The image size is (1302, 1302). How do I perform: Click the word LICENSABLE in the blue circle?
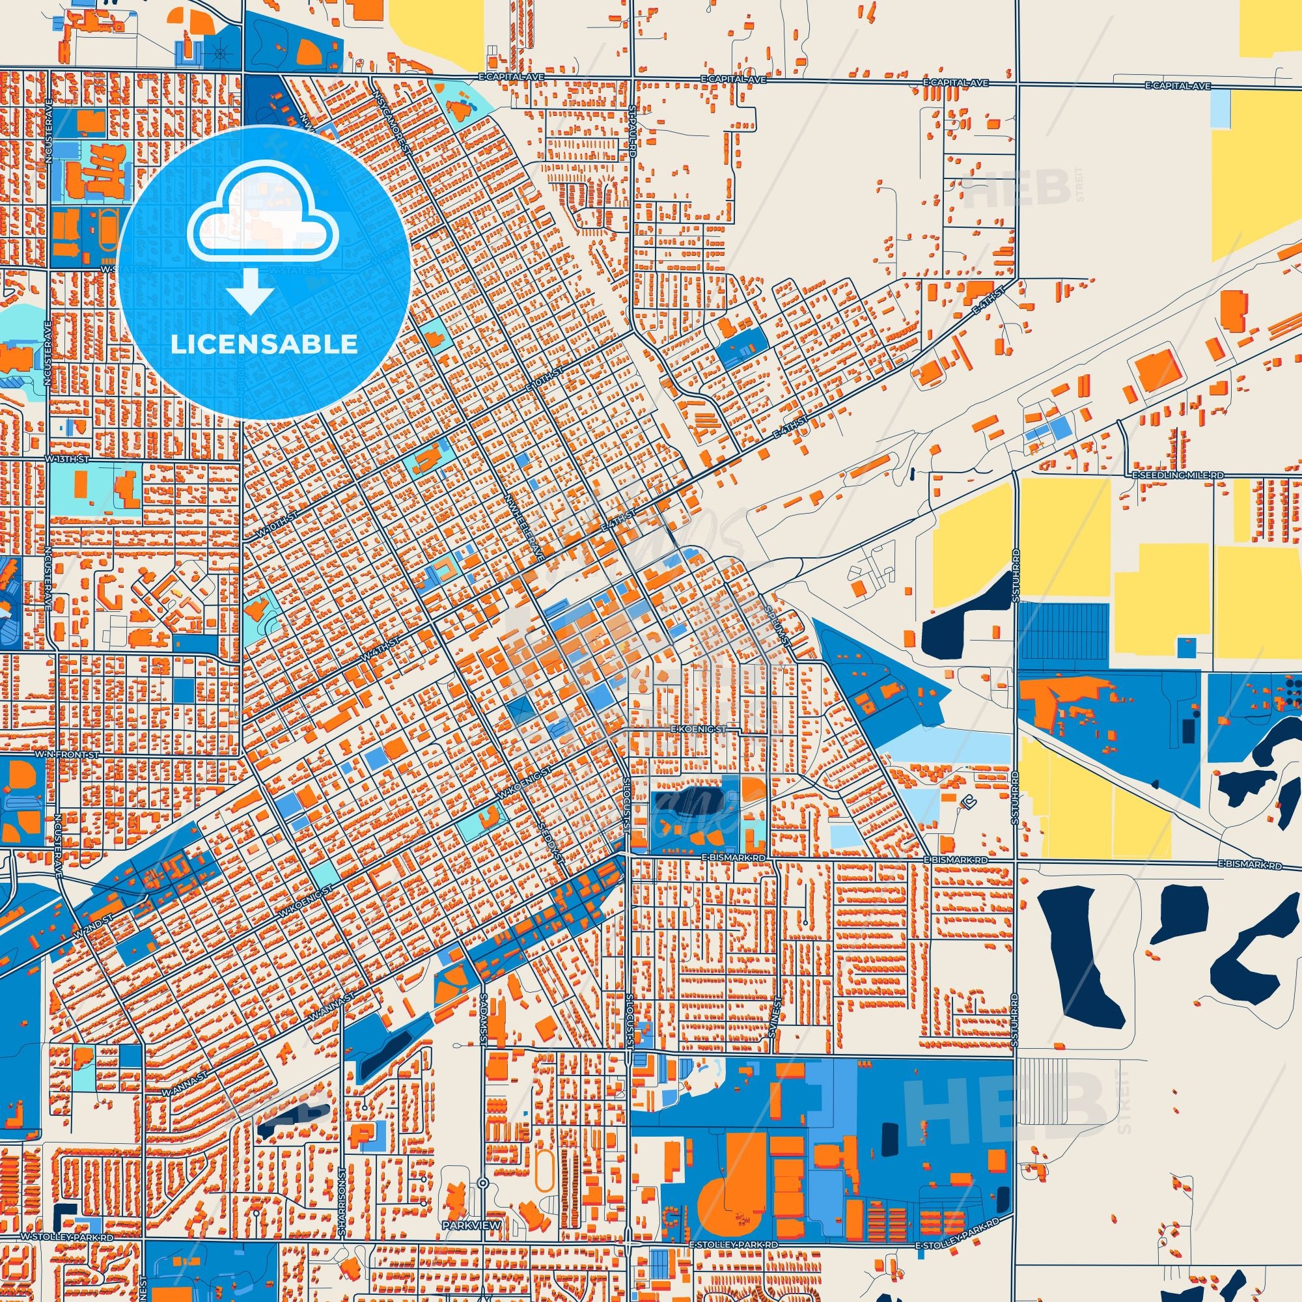coord(264,344)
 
